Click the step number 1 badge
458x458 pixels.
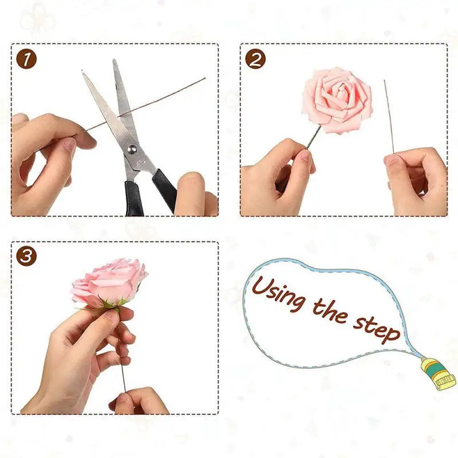pyautogui.click(x=26, y=59)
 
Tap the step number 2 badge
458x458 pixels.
pyautogui.click(x=255, y=59)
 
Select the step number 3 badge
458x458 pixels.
pyautogui.click(x=26, y=256)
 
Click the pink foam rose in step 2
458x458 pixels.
pyautogui.click(x=337, y=100)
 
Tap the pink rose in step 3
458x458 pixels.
pyautogui.click(x=109, y=282)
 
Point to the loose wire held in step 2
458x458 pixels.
pyautogui.click(x=388, y=114)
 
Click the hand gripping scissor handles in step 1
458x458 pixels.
pyautogui.click(x=195, y=195)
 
